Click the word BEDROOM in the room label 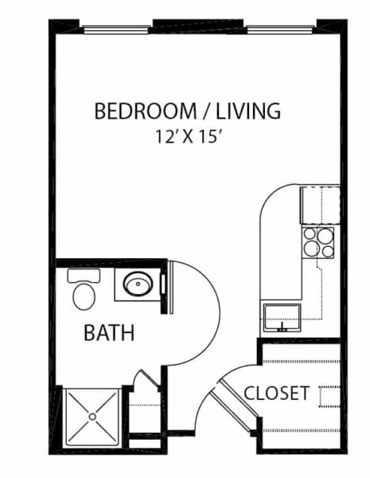(x=146, y=111)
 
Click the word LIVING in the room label (x=248, y=111)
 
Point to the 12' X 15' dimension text (x=188, y=136)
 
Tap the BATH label (x=109, y=332)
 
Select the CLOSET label (x=277, y=393)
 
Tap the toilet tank (x=84, y=276)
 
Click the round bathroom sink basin (x=138, y=284)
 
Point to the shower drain (x=92, y=417)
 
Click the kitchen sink (x=282, y=317)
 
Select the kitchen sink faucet (x=282, y=327)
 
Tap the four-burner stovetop (x=318, y=243)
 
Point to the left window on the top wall (x=117, y=29)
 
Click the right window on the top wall (x=279, y=29)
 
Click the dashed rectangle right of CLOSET (x=329, y=396)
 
